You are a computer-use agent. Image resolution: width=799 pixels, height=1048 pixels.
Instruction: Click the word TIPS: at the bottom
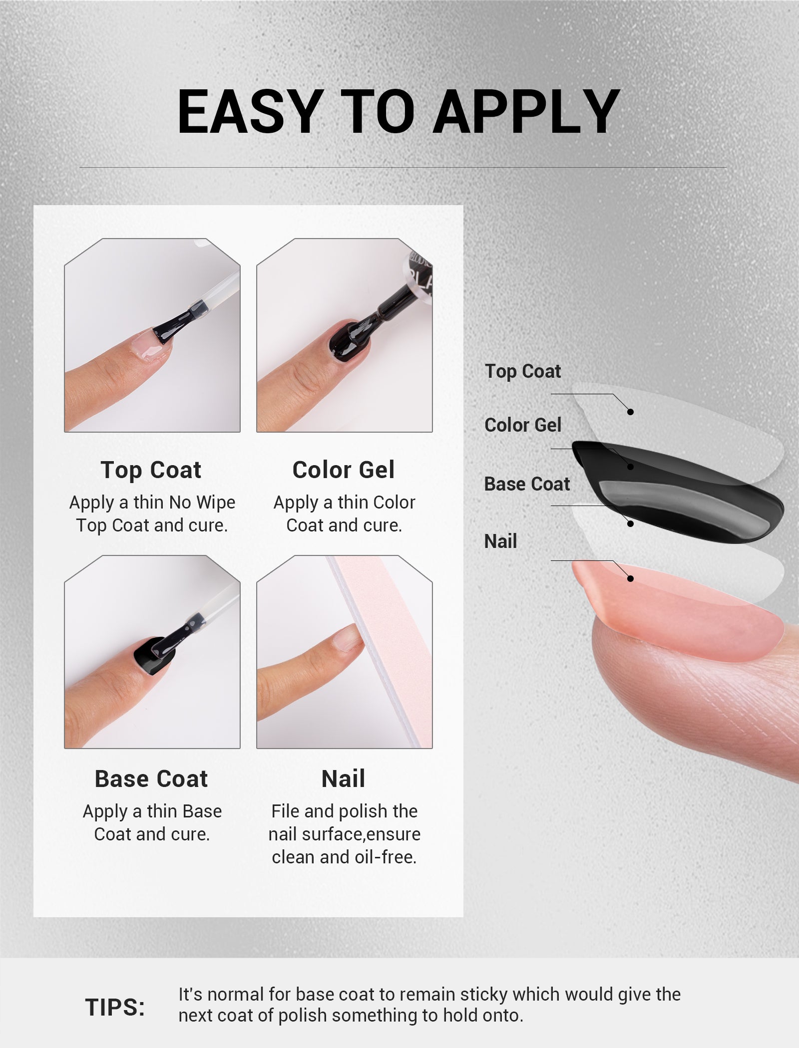[115, 1007]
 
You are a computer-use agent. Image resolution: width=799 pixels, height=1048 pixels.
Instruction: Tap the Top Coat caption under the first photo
[151, 470]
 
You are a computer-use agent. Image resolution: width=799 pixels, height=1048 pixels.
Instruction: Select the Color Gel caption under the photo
[344, 470]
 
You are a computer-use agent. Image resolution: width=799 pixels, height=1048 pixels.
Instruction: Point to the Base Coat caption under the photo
[151, 779]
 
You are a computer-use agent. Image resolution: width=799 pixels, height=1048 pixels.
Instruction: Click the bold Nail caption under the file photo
[344, 779]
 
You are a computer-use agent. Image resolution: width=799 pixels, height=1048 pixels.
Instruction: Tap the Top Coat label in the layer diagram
[523, 371]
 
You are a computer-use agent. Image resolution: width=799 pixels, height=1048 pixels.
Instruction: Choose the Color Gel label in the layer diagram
[523, 425]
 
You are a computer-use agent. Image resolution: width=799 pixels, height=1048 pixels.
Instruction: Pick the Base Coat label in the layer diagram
[527, 484]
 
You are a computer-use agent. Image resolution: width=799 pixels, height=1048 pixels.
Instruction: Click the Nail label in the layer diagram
[500, 541]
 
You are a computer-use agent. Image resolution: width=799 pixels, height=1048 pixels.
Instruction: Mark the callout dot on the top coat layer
[630, 412]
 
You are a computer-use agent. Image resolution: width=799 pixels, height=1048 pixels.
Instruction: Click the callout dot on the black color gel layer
[630, 467]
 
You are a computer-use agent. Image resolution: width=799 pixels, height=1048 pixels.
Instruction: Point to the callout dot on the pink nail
[630, 578]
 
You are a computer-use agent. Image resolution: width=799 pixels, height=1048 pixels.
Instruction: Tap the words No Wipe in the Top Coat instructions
[202, 503]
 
